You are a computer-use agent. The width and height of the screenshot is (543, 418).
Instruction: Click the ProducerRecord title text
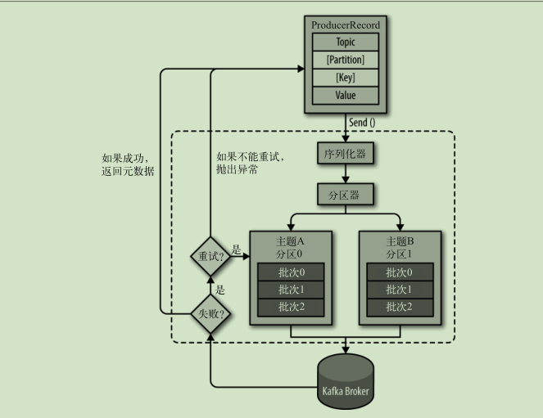[x=346, y=25]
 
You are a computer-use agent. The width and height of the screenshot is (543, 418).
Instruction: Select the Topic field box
[x=346, y=43]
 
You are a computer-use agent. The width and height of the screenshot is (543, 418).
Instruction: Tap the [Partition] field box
[x=346, y=60]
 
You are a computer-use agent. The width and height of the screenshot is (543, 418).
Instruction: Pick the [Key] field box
[x=346, y=77]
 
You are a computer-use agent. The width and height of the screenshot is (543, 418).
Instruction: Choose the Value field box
[x=346, y=94]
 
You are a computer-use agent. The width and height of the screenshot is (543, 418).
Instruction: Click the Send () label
[x=362, y=123]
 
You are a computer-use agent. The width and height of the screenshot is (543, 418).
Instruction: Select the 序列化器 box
[x=345, y=153]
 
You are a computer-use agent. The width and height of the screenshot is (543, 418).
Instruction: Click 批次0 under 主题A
[x=291, y=272]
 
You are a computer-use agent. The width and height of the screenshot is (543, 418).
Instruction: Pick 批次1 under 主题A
[x=291, y=290]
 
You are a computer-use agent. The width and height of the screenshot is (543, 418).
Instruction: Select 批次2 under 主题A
[x=291, y=307]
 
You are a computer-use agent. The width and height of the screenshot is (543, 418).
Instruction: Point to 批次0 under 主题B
[x=399, y=272]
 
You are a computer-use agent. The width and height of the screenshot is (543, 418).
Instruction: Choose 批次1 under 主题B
[x=399, y=290]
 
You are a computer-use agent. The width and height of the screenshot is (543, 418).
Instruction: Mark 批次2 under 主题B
[x=399, y=307]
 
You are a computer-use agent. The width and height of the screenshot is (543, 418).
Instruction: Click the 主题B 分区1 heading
[x=399, y=248]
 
